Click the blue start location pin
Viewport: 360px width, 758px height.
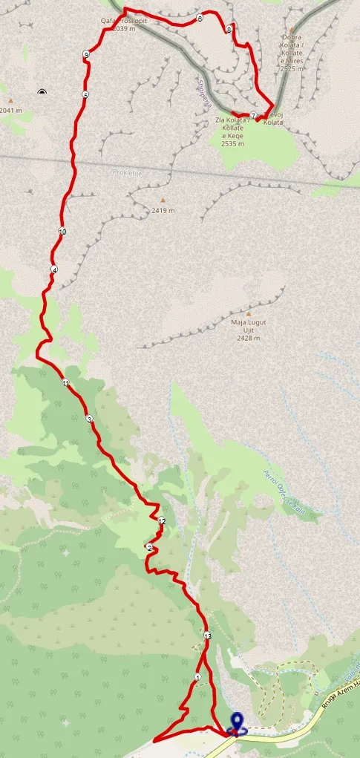pyautogui.click(x=238, y=722)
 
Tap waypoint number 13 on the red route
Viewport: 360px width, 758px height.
pyautogui.click(x=207, y=636)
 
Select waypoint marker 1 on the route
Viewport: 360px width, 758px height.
pyautogui.click(x=198, y=678)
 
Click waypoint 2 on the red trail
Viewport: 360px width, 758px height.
pyautogui.click(x=149, y=548)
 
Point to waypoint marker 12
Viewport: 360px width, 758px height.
pyautogui.click(x=162, y=521)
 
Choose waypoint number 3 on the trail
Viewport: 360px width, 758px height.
pyautogui.click(x=90, y=419)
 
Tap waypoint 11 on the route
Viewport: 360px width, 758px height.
pyautogui.click(x=66, y=383)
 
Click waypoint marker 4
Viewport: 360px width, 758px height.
pyautogui.click(x=54, y=269)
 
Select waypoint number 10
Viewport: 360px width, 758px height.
pyautogui.click(x=62, y=232)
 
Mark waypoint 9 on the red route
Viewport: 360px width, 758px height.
pyautogui.click(x=87, y=55)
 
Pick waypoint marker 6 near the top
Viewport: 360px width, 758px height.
pyautogui.click(x=200, y=19)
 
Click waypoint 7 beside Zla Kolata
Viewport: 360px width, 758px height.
pyautogui.click(x=254, y=115)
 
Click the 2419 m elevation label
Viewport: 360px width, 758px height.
pyautogui.click(x=163, y=210)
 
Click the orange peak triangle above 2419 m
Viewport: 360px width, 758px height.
pyautogui.click(x=163, y=200)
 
